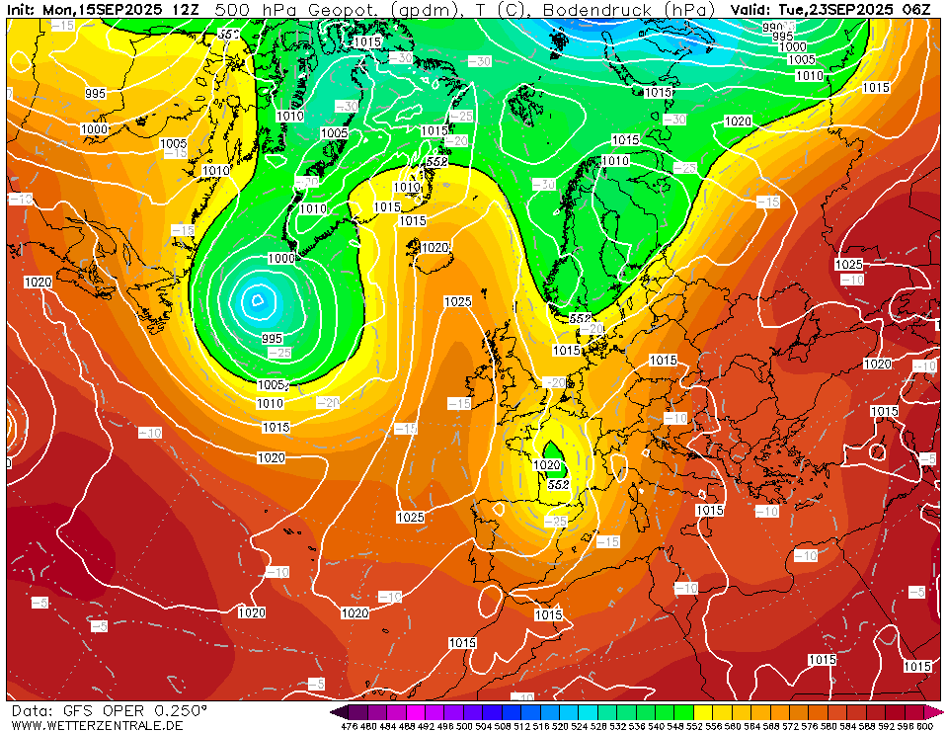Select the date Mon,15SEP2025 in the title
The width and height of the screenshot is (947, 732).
[107, 9]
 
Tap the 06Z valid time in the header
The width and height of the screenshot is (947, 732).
[916, 9]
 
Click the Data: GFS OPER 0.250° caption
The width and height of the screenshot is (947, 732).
[109, 710]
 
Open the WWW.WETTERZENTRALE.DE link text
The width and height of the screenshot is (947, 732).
[97, 726]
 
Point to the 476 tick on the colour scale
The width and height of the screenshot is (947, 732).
[349, 726]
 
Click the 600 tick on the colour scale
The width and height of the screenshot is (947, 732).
[924, 726]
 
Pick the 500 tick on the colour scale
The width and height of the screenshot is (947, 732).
[464, 726]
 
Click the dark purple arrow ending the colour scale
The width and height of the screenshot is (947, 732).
[339, 711]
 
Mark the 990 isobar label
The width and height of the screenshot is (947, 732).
[772, 27]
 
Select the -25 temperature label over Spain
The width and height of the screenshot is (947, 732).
[556, 521]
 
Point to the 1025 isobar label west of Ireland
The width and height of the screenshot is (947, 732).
[457, 302]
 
